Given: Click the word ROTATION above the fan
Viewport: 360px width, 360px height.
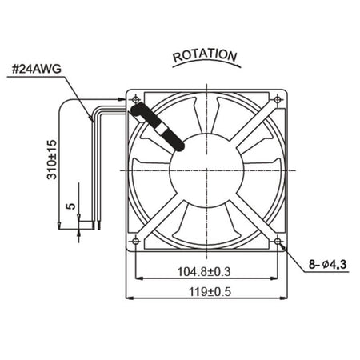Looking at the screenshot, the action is pyautogui.click(x=205, y=55).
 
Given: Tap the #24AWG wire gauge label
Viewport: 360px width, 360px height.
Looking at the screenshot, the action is pyautogui.click(x=37, y=70).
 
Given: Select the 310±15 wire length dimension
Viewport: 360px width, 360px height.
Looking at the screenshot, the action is pyautogui.click(x=52, y=159).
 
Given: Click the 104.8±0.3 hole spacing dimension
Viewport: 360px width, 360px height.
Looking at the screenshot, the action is pyautogui.click(x=204, y=272).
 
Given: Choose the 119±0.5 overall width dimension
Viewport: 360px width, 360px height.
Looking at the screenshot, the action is pyautogui.click(x=210, y=292).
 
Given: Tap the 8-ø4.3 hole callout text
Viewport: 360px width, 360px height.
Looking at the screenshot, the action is pyautogui.click(x=327, y=265).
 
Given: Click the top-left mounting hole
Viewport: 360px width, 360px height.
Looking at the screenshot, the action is pyautogui.click(x=136, y=100).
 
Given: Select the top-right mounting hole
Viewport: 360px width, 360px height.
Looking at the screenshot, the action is pyautogui.click(x=278, y=100).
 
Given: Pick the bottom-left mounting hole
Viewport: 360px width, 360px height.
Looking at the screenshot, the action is pyautogui.click(x=136, y=242).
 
